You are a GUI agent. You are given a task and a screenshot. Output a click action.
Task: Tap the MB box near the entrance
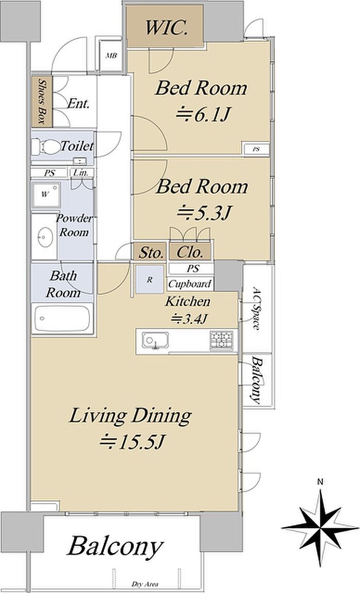111,56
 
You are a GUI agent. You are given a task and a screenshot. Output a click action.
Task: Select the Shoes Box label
42,102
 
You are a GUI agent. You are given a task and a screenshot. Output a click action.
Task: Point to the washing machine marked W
46,195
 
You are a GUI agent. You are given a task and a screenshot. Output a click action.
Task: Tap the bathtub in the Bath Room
62,318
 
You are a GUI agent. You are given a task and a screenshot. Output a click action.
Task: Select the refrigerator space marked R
150,279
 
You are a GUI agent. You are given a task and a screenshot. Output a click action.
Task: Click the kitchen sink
155,340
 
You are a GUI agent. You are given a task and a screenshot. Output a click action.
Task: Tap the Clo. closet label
190,252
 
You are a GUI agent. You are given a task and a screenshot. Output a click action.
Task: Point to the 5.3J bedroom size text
204,213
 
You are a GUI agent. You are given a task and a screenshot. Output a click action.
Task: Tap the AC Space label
256,309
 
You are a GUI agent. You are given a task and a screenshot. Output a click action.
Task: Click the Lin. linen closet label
81,173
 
